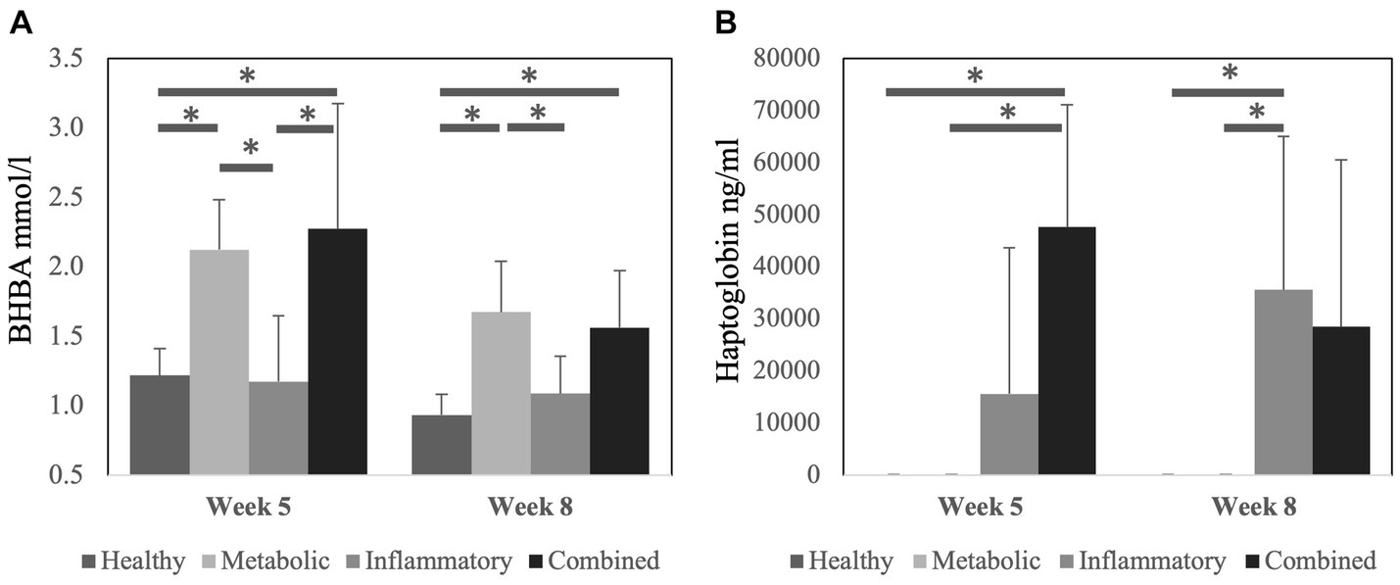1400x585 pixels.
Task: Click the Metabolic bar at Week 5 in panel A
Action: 218,363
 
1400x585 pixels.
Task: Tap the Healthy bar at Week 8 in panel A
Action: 442,445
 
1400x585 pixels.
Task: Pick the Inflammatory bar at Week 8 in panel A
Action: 560,434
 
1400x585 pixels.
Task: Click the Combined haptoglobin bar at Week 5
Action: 1067,351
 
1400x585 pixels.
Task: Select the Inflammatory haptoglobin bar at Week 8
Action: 1282,382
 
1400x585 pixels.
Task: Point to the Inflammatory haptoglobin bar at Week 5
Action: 1009,434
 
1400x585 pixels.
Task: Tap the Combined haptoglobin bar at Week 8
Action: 1341,400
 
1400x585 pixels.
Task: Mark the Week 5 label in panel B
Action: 976,508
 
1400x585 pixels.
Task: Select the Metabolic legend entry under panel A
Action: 267,561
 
